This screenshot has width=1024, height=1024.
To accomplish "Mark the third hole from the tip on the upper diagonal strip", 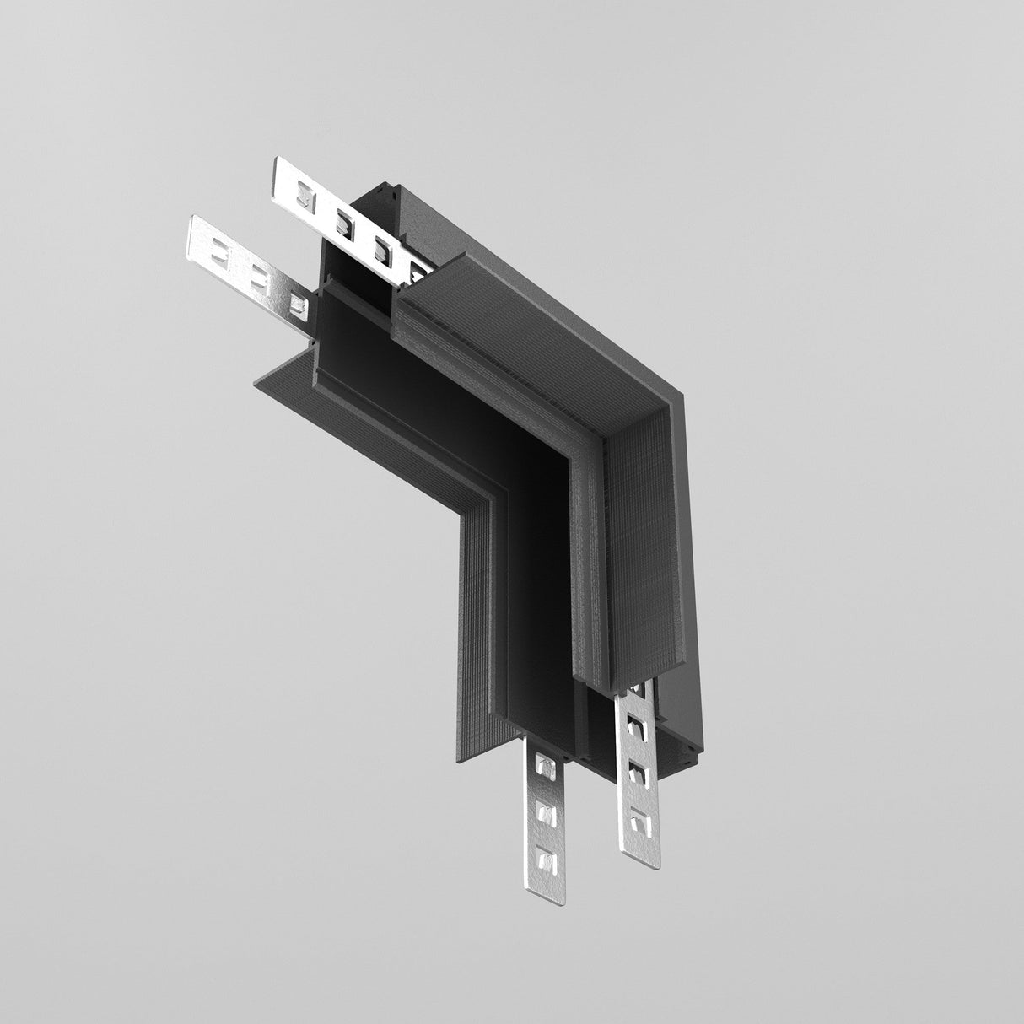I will (381, 246).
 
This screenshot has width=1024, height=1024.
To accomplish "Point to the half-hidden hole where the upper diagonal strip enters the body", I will (417, 270).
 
